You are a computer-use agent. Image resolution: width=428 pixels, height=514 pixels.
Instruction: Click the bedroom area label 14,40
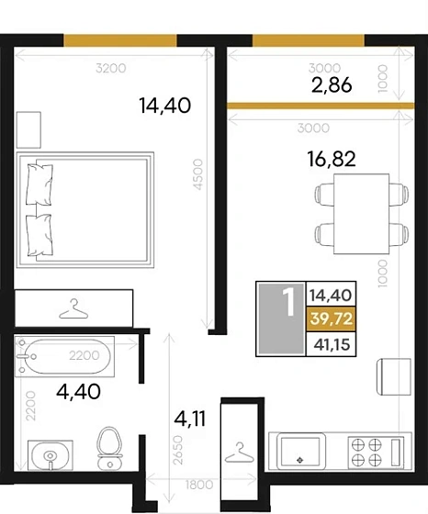coord(165,106)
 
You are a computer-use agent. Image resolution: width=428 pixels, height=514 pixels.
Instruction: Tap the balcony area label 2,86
coord(332,84)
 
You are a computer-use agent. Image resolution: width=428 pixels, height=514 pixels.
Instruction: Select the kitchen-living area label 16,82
coord(332,159)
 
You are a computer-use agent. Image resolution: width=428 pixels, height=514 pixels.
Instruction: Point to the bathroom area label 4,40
coord(78,391)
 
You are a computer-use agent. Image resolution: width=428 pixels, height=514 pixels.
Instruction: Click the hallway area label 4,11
coord(190,419)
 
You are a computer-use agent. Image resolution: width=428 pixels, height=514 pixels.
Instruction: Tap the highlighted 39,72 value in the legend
coord(332,318)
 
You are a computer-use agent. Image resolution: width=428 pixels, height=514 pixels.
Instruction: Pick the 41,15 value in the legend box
coord(332,344)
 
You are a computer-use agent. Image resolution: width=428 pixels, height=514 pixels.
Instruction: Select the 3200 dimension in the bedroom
coord(111,68)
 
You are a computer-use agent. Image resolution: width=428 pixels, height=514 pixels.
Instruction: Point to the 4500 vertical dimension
coord(198,174)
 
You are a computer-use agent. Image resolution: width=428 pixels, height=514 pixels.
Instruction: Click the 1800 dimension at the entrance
coord(199,485)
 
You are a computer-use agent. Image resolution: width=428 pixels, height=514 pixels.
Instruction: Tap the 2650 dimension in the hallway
coord(178,450)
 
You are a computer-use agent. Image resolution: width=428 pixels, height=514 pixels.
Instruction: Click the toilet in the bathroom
coord(109,447)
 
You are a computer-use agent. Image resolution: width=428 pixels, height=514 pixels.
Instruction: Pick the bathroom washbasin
coord(51,455)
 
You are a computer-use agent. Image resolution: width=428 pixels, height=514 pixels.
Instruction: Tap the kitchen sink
coord(301,452)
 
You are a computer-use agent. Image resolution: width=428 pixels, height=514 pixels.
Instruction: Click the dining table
coord(362,214)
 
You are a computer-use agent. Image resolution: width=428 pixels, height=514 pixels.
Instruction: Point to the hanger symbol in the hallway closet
coord(240,453)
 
